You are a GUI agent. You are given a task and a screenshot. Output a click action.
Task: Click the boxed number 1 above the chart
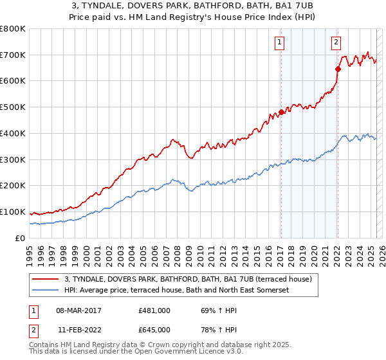tap(280, 43)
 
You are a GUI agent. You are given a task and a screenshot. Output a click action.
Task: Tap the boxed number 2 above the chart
tap(336, 43)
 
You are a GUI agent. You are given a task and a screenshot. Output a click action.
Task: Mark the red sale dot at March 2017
tap(281, 112)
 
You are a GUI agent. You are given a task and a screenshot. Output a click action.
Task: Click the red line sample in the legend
tap(46, 278)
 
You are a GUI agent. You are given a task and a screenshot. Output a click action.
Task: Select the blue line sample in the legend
tap(46, 289)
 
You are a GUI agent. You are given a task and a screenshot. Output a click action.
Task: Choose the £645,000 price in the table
tap(154, 329)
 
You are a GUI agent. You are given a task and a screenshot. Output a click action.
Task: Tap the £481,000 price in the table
tap(154, 310)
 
